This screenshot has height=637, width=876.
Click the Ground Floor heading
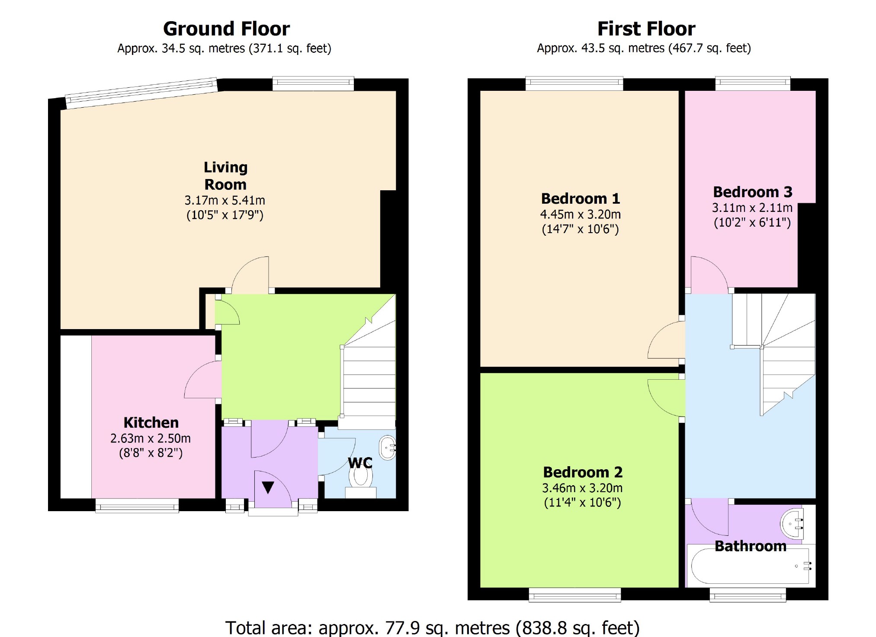click(226, 29)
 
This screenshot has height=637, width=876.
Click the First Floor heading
click(646, 29)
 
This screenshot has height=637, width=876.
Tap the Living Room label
click(225, 176)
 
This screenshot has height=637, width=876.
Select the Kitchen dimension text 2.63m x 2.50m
click(151, 439)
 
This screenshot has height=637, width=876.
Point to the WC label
click(360, 463)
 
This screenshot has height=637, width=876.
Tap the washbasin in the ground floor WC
click(388, 448)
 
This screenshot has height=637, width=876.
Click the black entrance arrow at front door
click(268, 487)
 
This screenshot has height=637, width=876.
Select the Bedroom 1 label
click(580, 198)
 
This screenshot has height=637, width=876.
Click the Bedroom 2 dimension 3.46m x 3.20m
click(582, 488)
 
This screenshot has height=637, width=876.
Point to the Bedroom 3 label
click(752, 192)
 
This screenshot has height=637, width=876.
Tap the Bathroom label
click(750, 546)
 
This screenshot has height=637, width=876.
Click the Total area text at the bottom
click(432, 627)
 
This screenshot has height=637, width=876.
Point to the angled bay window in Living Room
click(141, 93)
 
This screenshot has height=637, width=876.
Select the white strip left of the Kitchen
click(76, 417)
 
